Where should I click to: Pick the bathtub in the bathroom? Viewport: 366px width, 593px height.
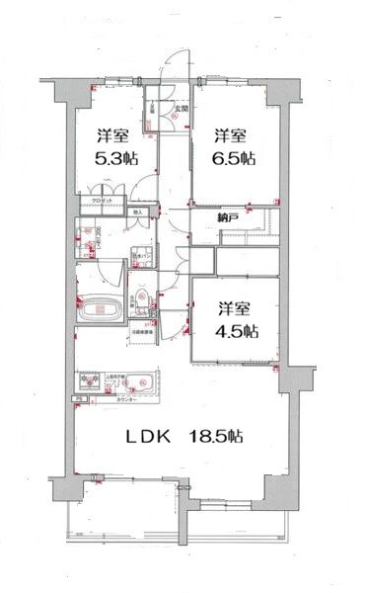99,308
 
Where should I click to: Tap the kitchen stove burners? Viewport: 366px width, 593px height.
95,381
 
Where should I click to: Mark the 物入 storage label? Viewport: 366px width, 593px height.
139,212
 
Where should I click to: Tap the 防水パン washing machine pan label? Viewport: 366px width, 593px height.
139,256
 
